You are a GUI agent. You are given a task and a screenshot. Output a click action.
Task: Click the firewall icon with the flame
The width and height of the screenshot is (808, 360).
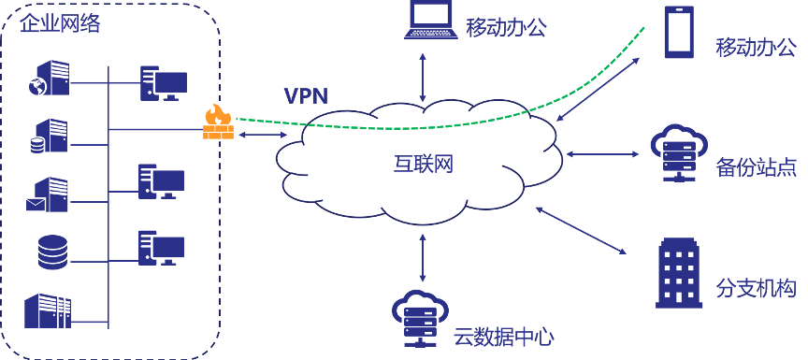coord(218,122)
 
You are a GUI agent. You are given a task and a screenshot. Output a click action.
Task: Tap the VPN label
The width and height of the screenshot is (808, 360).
coord(307,95)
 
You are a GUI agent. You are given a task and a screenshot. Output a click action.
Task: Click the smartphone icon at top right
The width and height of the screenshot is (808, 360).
coord(679,33)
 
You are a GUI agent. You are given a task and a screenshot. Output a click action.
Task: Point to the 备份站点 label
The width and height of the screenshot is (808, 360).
coord(756,167)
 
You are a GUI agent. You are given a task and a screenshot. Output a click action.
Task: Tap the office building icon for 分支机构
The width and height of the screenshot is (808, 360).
coord(679,272)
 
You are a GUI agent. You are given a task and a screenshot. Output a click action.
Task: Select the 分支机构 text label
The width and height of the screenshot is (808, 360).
coord(756,288)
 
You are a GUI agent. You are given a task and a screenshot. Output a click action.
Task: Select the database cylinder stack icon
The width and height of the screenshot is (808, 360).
coord(51,252)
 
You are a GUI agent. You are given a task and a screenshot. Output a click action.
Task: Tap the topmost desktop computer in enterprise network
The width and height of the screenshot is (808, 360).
coord(162,83)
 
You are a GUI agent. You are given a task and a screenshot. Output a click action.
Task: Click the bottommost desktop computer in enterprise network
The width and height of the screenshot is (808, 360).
coord(161,248)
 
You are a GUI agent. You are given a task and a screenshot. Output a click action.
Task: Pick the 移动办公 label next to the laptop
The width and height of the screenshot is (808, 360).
coord(506,27)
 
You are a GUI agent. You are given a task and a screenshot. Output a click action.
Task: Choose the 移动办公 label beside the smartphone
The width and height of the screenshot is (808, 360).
coord(756,46)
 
